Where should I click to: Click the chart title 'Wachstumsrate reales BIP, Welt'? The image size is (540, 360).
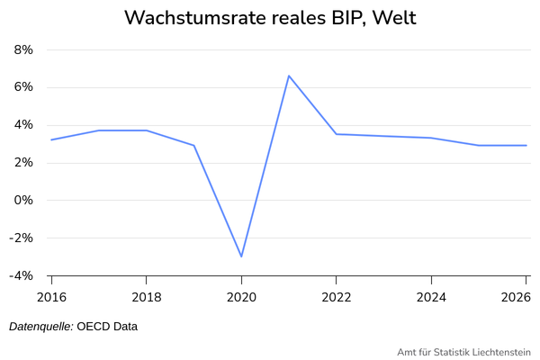tap(270, 18)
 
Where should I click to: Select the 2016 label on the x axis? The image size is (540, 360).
tap(51, 296)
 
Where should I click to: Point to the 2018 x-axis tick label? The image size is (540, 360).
tap(147, 296)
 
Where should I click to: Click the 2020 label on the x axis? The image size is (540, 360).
tap(241, 296)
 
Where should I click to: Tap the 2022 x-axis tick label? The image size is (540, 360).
tap(337, 296)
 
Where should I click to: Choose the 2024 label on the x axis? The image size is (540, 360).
tap(431, 296)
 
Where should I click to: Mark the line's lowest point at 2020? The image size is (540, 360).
tap(241, 256)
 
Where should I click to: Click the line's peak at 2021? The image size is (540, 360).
tap(289, 76)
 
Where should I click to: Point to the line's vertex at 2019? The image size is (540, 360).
tap(194, 145)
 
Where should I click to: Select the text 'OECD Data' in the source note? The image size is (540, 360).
tap(107, 326)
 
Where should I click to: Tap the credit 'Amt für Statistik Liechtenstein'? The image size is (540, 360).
tap(464, 352)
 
